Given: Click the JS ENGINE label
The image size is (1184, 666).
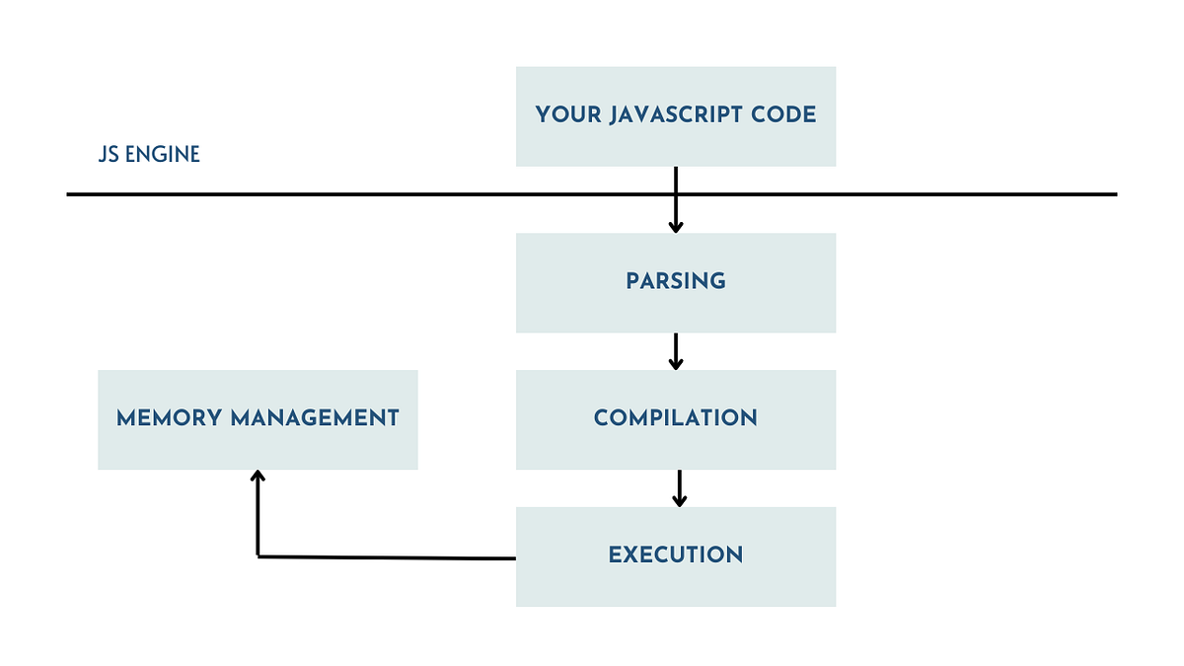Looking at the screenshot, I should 149,155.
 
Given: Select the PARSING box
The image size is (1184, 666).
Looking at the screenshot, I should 676,282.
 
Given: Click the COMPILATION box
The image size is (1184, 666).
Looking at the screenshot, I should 676,418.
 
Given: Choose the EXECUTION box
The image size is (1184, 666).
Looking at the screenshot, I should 676,555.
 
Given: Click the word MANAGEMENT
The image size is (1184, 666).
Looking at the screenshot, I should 315,418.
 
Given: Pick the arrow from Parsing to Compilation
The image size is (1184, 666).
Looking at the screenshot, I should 676,351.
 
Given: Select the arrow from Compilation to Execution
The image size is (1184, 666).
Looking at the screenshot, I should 679,487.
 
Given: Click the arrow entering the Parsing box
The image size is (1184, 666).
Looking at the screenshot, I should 676,207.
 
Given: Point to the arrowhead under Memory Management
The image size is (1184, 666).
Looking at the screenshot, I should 258,476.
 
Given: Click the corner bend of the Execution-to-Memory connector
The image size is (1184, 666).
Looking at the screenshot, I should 259,556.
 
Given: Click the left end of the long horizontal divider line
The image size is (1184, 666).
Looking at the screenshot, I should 69,194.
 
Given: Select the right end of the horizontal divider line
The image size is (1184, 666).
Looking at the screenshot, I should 1115,194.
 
